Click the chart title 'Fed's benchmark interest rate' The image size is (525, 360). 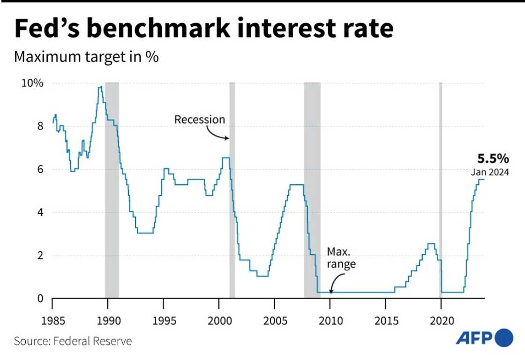pos(204,29)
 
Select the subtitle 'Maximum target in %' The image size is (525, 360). pos(87,57)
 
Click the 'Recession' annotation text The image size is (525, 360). pos(200,120)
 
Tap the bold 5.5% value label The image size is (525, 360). pos(493,158)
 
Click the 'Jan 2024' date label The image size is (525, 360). pos(490,172)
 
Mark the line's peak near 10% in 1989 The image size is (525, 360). pos(100,87)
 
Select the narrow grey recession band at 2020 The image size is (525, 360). pos(441,187)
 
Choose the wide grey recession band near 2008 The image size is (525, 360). pos(312,187)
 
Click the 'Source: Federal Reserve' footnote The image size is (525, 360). pos(73,341)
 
